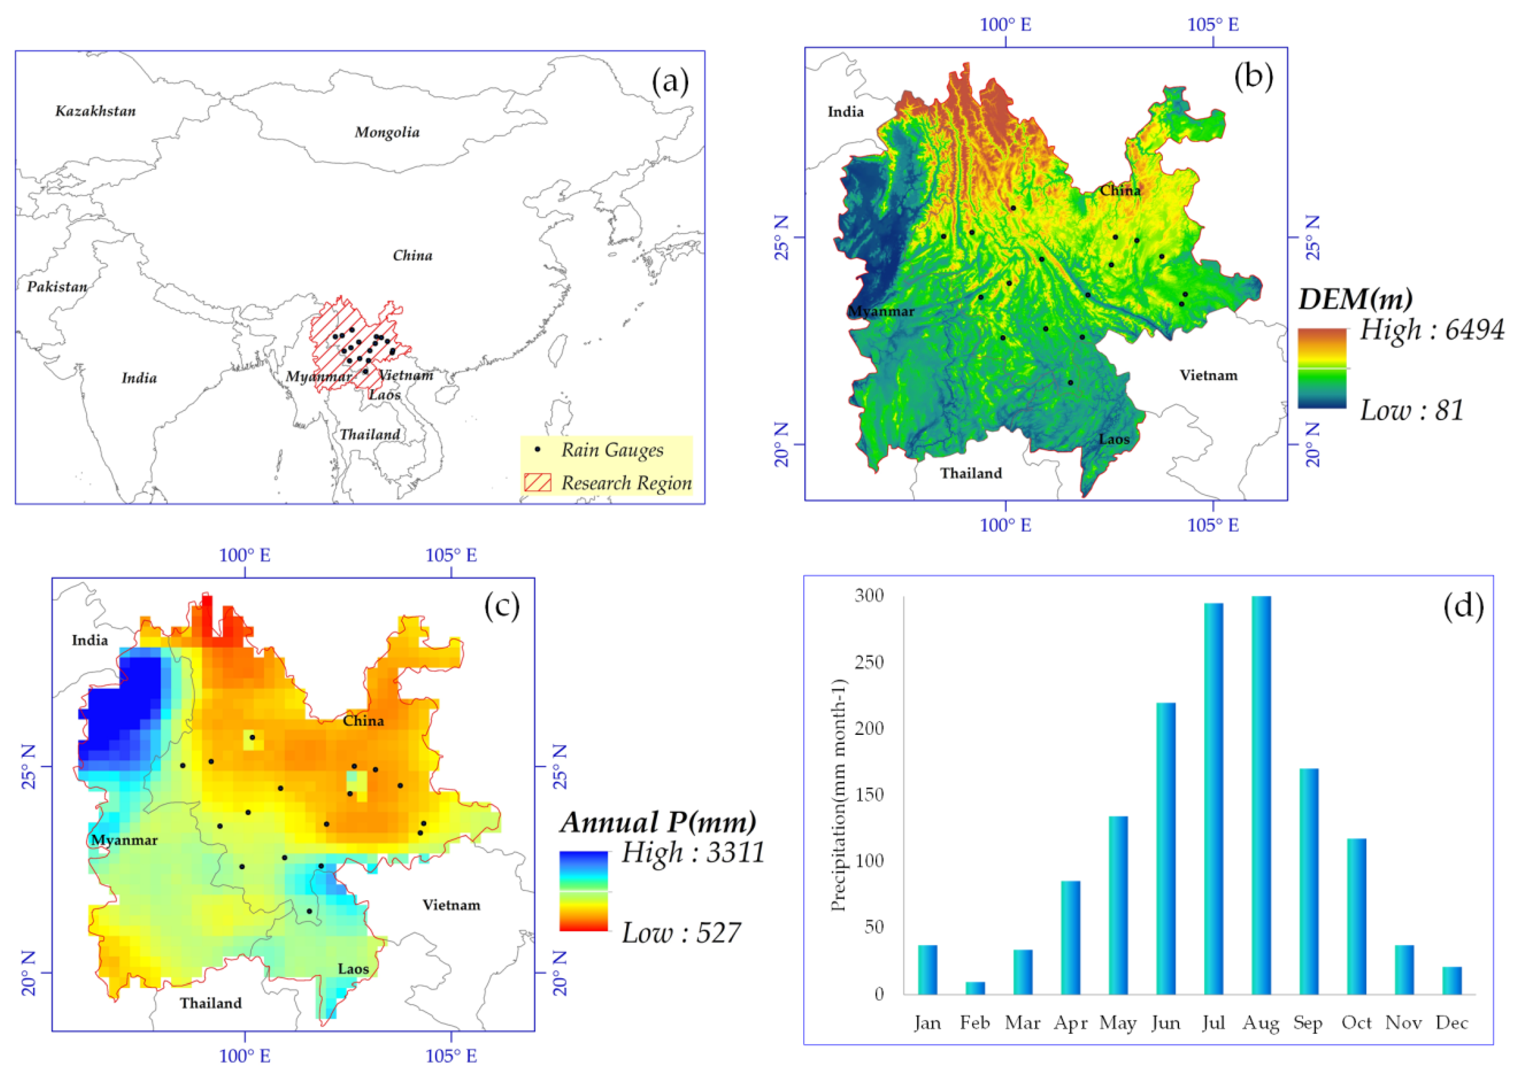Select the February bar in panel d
click(975, 988)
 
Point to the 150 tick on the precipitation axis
click(869, 795)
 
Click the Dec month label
click(1452, 1023)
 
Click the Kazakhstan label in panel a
click(96, 111)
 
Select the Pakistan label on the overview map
click(57, 287)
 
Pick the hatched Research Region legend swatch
click(537, 483)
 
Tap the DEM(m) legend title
click(1355, 299)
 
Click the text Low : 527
click(681, 933)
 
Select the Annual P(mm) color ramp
click(583, 891)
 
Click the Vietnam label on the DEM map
click(1208, 376)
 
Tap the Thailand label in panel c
click(211, 1003)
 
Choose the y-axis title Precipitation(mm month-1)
click(839, 795)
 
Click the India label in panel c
click(90, 640)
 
